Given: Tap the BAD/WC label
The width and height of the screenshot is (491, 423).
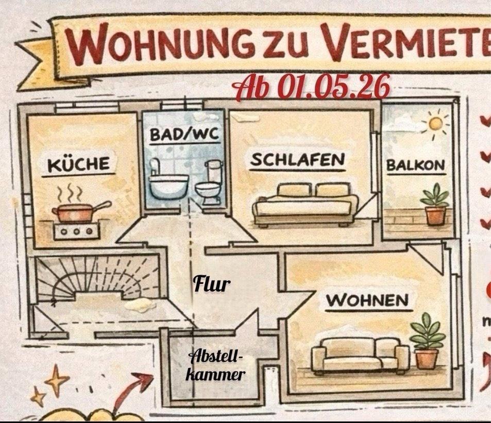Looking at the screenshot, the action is (x=184, y=135).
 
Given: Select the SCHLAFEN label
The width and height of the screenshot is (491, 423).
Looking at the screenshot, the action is (x=297, y=160).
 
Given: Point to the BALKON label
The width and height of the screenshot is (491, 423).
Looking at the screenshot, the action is (x=416, y=165).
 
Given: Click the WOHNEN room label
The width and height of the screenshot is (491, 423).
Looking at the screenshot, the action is (x=367, y=300).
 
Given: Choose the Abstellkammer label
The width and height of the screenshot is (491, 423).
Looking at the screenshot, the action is (x=215, y=365).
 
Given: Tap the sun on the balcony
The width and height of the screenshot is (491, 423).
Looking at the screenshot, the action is (x=436, y=124).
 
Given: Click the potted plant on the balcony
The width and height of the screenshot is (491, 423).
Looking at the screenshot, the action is (x=434, y=205).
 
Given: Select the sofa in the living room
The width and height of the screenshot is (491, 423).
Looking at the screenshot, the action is (x=360, y=354).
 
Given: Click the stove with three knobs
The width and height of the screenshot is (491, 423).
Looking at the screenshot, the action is (x=77, y=230).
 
